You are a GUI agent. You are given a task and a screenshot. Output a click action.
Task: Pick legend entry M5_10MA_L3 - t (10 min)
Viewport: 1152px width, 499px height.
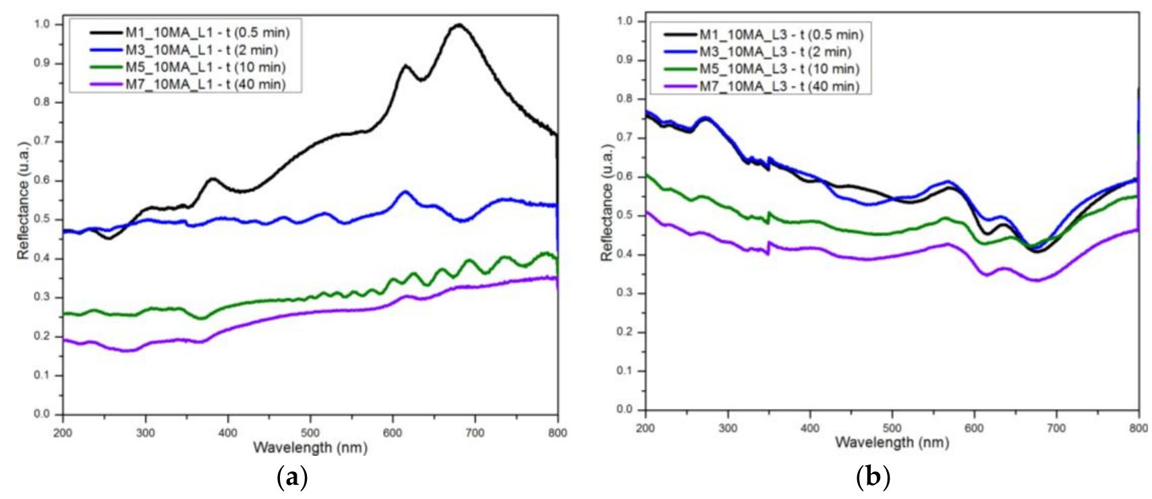point(779,69)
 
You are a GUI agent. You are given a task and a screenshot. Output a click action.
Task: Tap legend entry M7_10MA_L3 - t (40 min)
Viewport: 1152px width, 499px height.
point(779,86)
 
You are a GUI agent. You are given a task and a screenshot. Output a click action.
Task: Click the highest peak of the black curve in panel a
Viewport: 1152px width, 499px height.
point(459,25)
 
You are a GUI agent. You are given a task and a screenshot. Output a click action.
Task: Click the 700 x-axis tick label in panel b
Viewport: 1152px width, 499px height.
point(1056,427)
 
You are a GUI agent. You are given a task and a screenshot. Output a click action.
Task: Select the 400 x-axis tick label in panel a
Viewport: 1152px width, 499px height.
point(228,432)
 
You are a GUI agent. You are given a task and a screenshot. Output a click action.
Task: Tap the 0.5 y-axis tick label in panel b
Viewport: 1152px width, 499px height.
point(625,216)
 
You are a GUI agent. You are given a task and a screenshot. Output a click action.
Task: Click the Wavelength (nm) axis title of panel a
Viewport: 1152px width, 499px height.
point(310,447)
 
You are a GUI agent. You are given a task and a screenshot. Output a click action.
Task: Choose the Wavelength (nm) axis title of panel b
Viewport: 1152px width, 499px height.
point(892,442)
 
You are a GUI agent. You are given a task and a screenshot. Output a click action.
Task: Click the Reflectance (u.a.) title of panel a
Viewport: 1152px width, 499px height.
point(24,200)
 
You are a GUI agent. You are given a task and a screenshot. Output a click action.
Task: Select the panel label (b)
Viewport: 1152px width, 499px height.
point(873,478)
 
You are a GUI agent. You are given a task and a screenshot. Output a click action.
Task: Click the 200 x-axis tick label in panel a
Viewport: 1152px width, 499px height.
point(63,432)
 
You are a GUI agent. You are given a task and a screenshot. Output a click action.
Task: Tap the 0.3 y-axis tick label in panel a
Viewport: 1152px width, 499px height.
point(42,297)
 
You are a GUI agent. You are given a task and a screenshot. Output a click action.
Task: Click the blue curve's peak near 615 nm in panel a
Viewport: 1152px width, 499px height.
point(405,192)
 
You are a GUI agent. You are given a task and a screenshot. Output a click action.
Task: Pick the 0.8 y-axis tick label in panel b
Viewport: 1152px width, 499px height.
point(625,99)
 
